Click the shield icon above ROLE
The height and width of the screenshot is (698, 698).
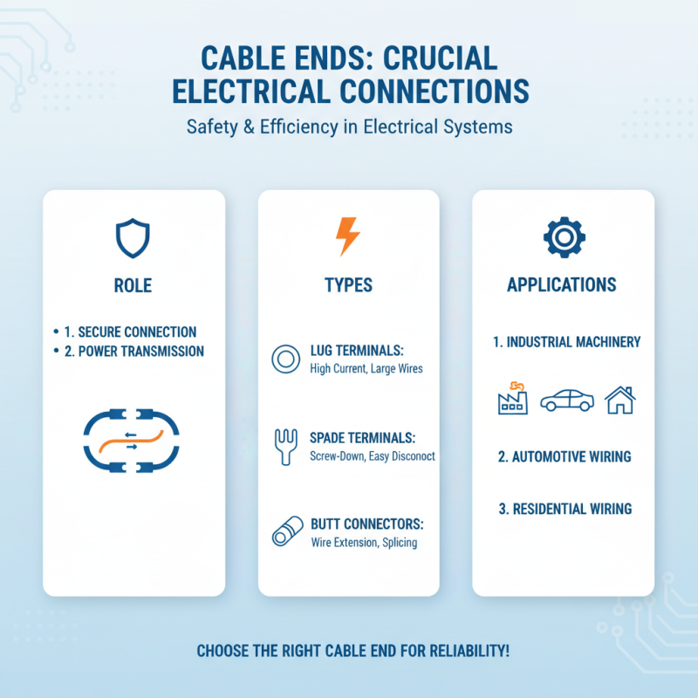pos(133,237)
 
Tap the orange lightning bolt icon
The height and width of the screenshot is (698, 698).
pos(347,236)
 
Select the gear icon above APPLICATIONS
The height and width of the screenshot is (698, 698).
pos(564,236)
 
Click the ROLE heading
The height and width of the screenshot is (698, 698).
pos(133,284)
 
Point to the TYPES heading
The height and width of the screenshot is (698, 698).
pos(348,284)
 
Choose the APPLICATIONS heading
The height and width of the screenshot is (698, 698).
pos(563,284)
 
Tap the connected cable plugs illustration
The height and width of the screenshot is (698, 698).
pos(132,443)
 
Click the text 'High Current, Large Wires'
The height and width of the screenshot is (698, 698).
pos(366,368)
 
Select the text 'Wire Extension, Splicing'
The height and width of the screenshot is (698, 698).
pos(364,543)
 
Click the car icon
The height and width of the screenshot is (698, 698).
pos(566,400)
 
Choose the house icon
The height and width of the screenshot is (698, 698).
pos(619,400)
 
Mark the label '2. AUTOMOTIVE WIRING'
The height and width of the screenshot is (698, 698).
pos(565,456)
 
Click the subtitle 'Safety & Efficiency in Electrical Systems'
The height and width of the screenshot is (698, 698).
pos(349,127)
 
